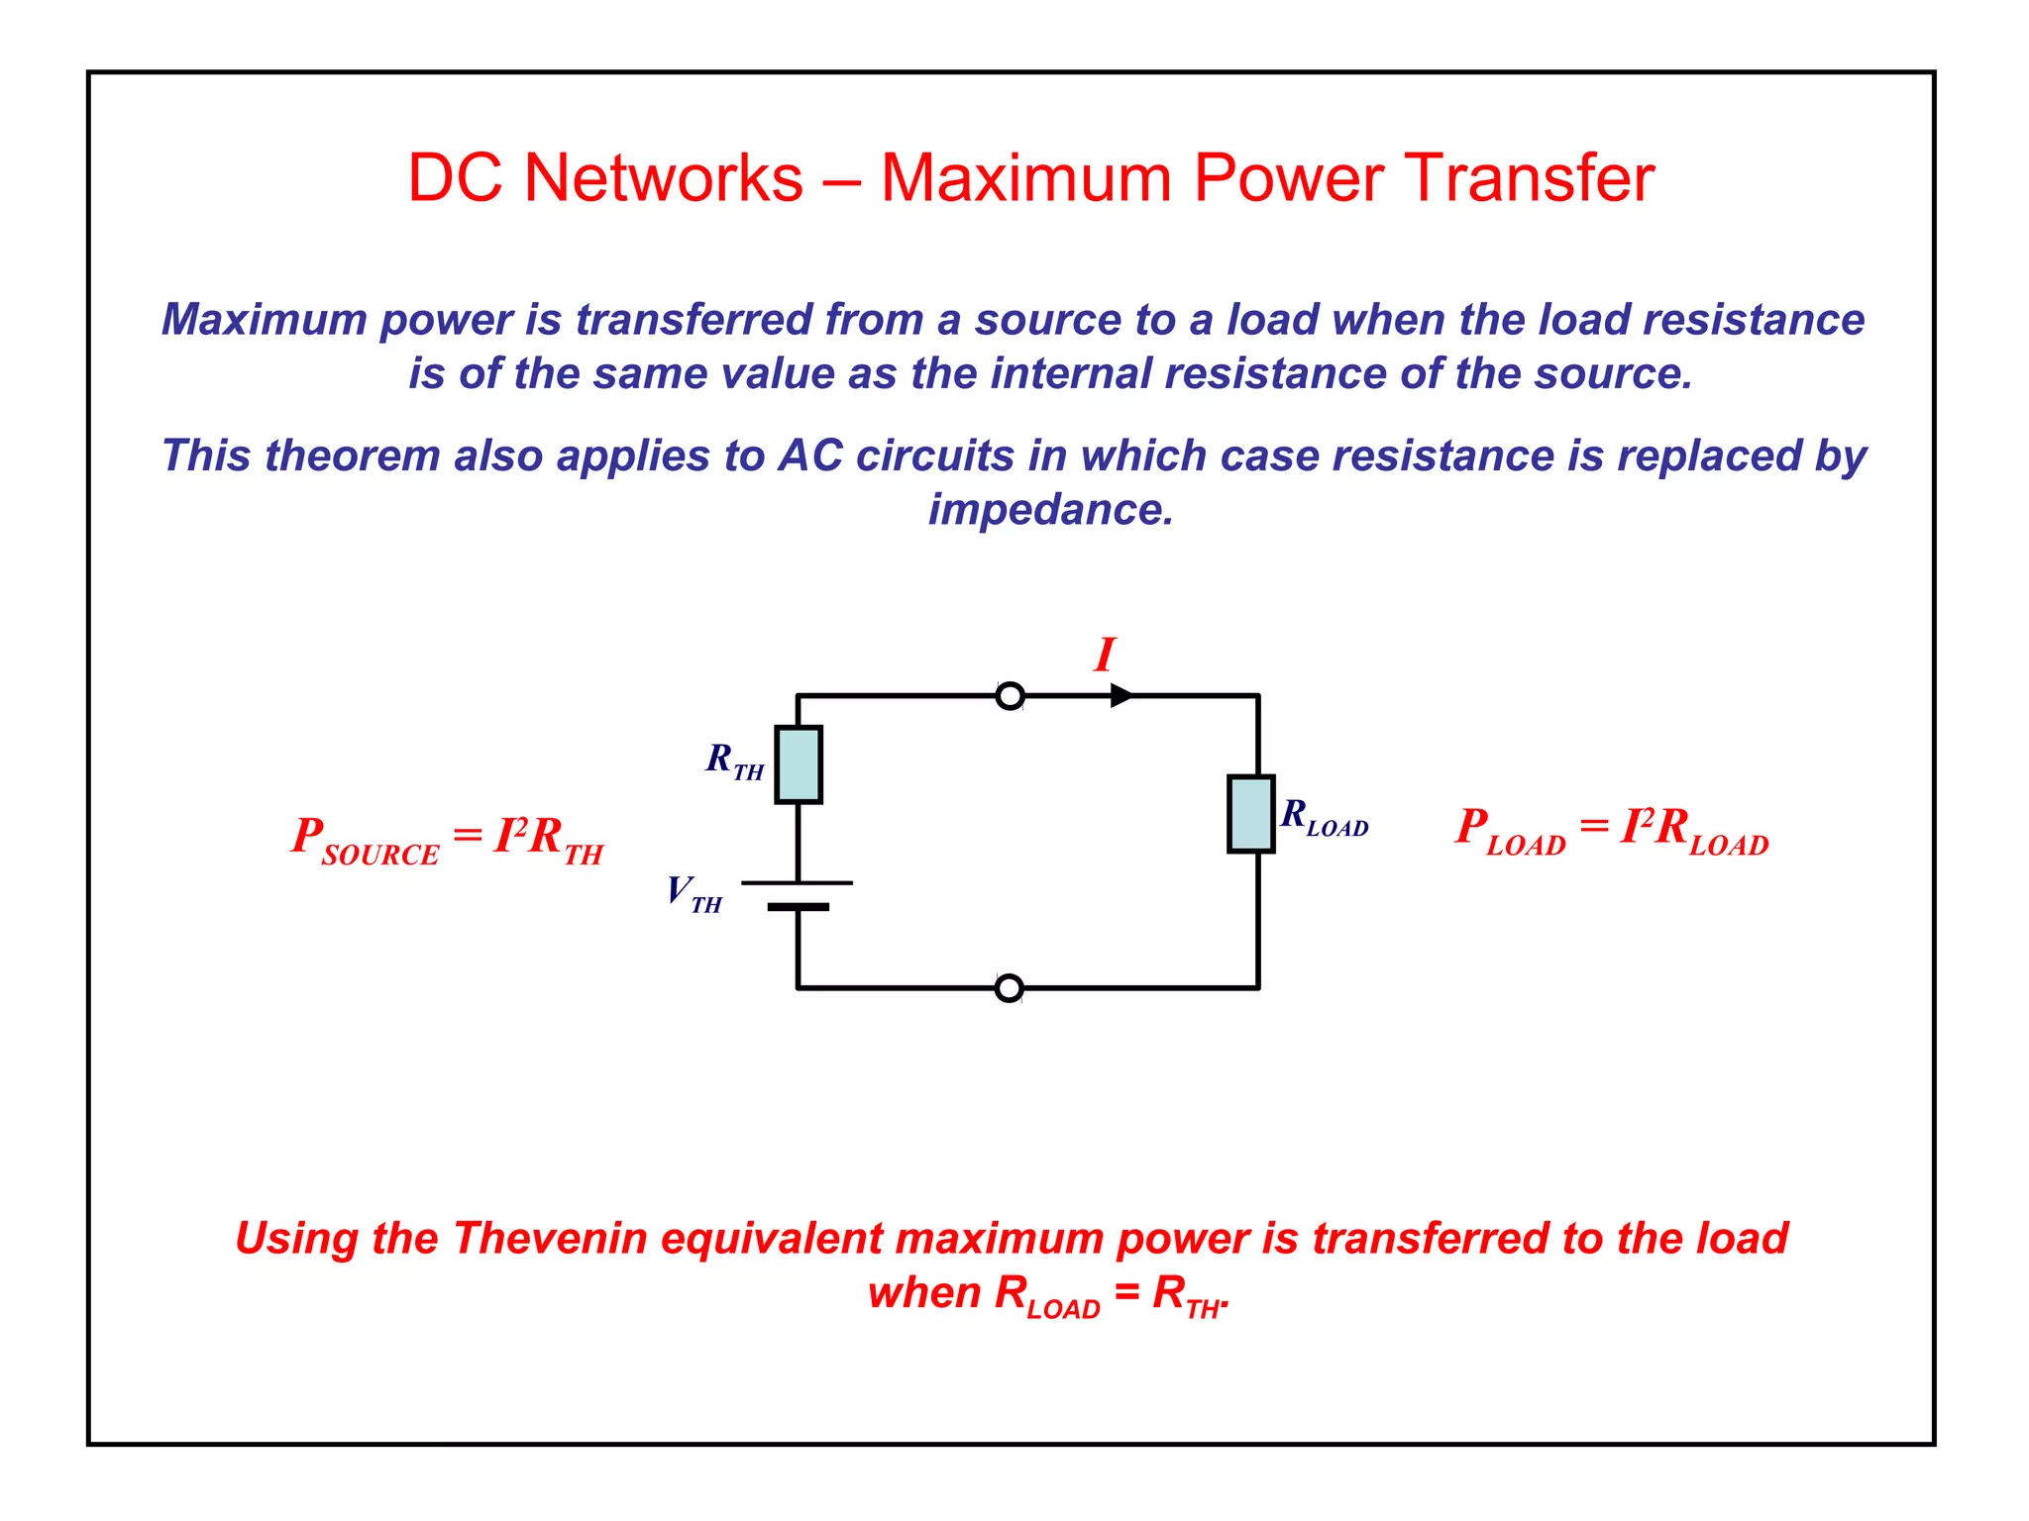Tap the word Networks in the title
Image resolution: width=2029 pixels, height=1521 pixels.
pyautogui.click(x=663, y=178)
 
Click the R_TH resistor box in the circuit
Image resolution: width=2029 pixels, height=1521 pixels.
pyautogui.click(x=799, y=764)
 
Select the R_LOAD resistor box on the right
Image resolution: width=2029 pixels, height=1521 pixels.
pyautogui.click(x=1250, y=814)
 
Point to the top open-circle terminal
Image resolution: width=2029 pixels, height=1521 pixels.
pyautogui.click(x=1010, y=696)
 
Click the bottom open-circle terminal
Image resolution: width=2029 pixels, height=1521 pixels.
pyautogui.click(x=1009, y=988)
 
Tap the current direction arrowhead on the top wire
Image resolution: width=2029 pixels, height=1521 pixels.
pyautogui.click(x=1121, y=696)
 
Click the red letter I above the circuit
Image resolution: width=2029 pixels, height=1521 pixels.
pyautogui.click(x=1105, y=655)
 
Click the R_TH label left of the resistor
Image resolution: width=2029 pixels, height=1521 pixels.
pyautogui.click(x=734, y=760)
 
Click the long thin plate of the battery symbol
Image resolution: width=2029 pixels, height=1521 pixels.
pyautogui.click(x=798, y=882)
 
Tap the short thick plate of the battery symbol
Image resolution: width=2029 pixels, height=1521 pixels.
pyautogui.click(x=798, y=906)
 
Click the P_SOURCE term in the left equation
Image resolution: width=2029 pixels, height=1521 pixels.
pyautogui.click(x=365, y=840)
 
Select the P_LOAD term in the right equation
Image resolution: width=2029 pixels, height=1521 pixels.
pyautogui.click(x=1510, y=830)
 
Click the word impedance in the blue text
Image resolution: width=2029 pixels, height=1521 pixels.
pyautogui.click(x=1050, y=510)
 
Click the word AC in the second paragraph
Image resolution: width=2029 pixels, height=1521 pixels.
pyautogui.click(x=810, y=456)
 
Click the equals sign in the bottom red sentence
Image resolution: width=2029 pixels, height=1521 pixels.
pyautogui.click(x=1126, y=1292)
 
